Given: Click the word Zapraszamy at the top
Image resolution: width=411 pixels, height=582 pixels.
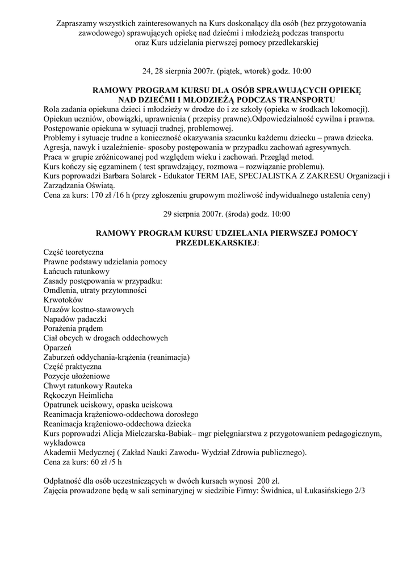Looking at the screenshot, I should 78,24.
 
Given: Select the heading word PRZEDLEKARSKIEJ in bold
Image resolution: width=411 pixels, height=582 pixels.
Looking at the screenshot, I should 217,242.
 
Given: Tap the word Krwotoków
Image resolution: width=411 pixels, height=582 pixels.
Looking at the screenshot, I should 63,300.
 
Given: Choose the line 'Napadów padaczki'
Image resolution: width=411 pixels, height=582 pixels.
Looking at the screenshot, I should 75,319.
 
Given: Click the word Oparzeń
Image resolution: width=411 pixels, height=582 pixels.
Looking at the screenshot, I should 57,347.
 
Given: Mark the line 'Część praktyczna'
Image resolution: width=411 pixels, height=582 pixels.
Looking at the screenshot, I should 73,367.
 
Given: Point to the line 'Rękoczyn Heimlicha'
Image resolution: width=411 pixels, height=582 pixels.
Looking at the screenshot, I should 78,395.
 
